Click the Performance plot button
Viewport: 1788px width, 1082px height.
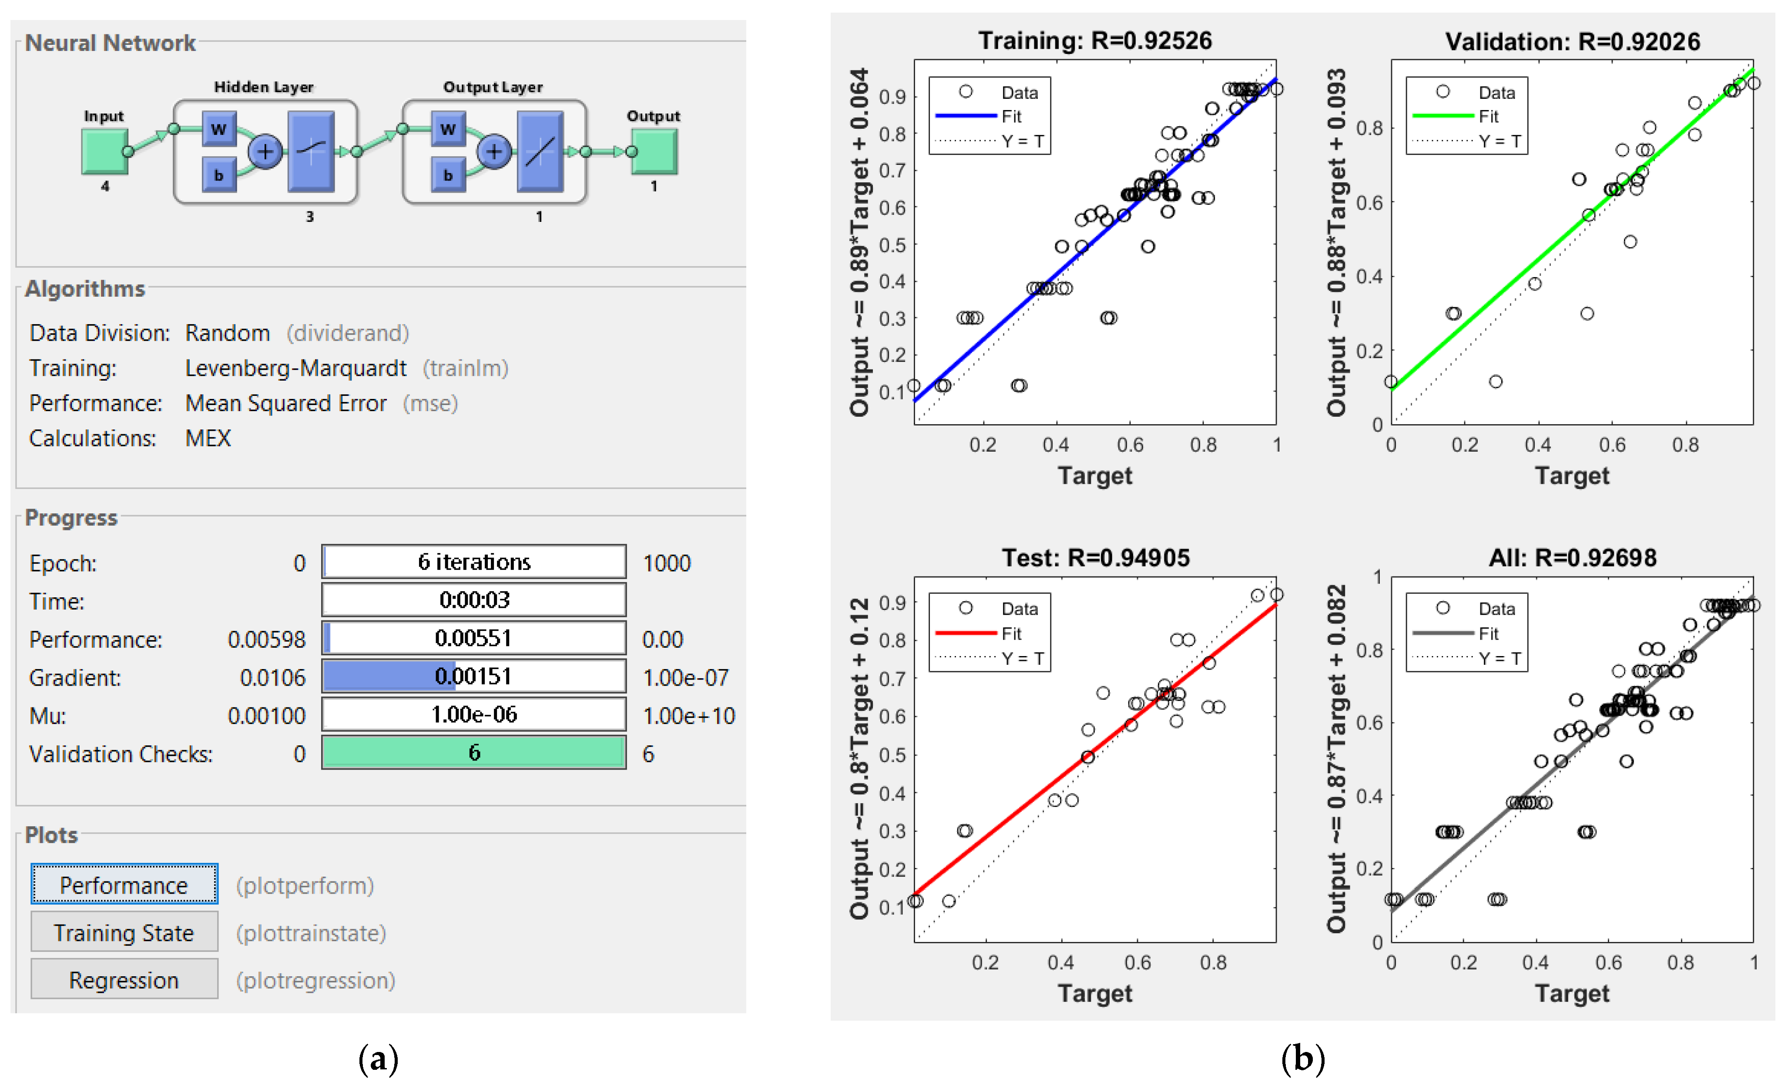[x=124, y=884]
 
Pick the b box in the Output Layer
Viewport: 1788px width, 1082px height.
[x=448, y=175]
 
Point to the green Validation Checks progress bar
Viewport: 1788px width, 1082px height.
[x=474, y=753]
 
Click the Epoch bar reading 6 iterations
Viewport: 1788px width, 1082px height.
[x=474, y=562]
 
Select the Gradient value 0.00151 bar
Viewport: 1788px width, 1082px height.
[x=474, y=677]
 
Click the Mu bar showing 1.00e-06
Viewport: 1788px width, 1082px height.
[x=474, y=715]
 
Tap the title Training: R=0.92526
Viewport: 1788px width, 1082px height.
[x=1094, y=40]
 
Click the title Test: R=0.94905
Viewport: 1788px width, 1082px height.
[x=1095, y=557]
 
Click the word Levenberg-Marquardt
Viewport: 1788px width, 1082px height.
[x=295, y=368]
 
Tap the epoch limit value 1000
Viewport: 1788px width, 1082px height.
[x=666, y=563]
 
